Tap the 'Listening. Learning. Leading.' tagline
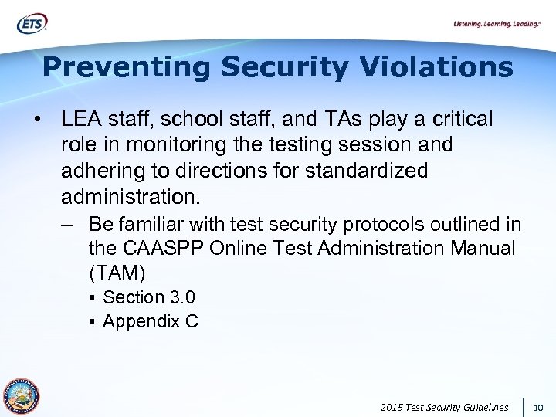[x=497, y=25]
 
